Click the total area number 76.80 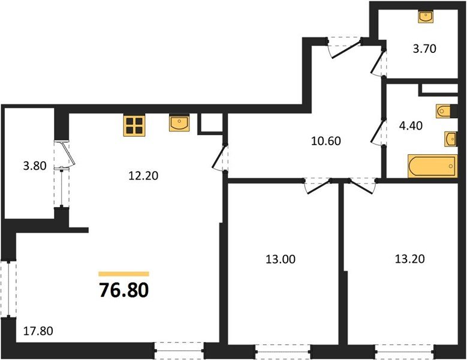(x=123, y=290)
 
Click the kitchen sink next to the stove (x=179, y=123)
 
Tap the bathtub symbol (x=432, y=166)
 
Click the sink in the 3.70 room (x=426, y=17)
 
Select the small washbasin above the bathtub (x=450, y=139)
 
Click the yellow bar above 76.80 (x=123, y=274)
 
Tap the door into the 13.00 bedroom (x=318, y=186)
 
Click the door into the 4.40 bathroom (x=379, y=132)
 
